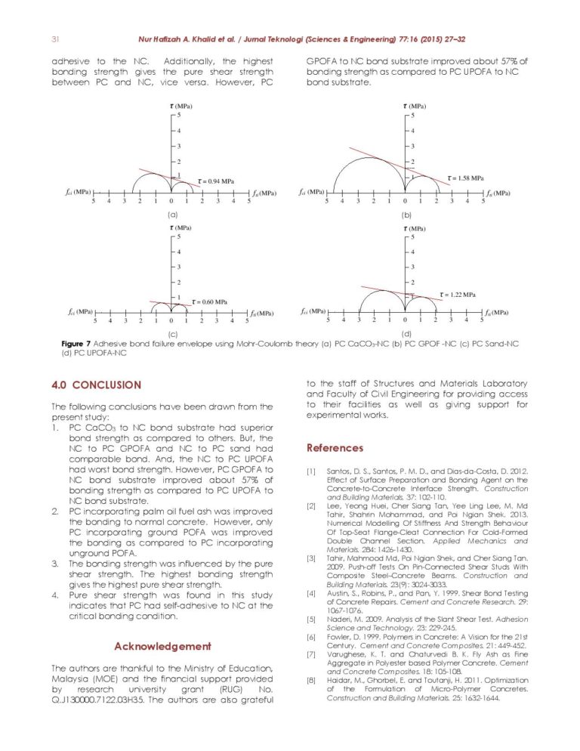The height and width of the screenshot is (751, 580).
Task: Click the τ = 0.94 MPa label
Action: (x=215, y=181)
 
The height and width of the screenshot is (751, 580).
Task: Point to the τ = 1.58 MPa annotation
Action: (x=465, y=178)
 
